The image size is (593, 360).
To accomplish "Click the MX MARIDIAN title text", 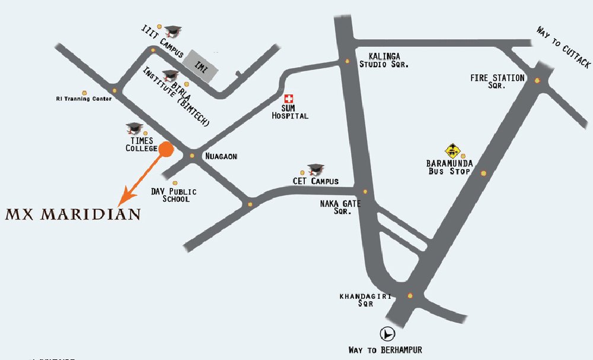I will click(x=73, y=214).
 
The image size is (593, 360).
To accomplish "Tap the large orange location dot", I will click(x=166, y=149).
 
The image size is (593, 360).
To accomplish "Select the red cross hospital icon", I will click(x=289, y=98).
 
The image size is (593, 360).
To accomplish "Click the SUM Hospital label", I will click(x=290, y=112).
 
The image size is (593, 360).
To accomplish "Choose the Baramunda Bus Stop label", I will click(x=449, y=167).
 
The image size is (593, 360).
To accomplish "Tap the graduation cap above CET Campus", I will click(x=315, y=170).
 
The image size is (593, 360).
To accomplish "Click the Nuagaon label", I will click(x=221, y=157).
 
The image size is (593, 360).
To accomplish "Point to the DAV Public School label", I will click(x=174, y=195).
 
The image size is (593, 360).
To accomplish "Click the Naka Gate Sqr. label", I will click(x=340, y=206).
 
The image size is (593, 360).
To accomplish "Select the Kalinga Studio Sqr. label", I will click(x=384, y=59).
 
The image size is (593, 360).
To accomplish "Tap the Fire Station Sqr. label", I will click(x=497, y=81).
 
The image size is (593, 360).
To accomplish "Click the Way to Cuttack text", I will click(x=563, y=46).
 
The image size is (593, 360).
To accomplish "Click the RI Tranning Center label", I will click(x=84, y=99).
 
